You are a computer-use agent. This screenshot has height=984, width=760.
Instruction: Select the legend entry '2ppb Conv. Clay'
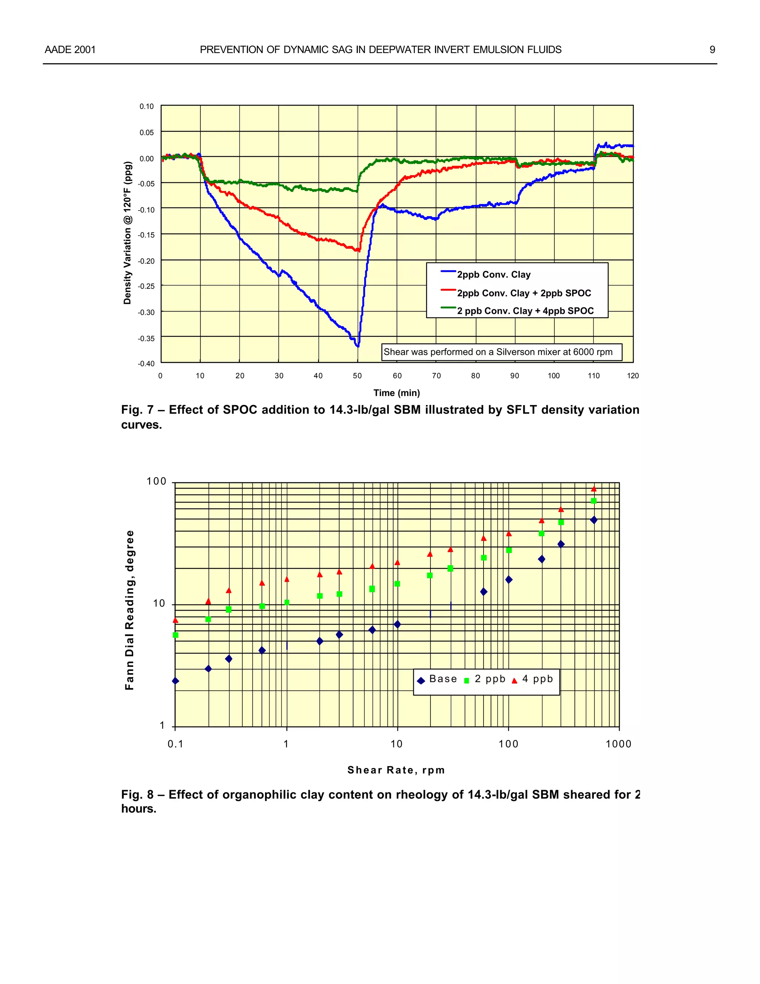coord(494,275)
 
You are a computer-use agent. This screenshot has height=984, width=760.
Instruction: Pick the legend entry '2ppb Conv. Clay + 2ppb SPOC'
coord(524,293)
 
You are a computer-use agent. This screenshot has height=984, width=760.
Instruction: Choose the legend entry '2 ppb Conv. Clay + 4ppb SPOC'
coord(525,311)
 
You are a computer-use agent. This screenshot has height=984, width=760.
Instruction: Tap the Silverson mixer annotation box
coord(502,352)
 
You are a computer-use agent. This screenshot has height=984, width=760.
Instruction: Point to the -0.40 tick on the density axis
coord(146,364)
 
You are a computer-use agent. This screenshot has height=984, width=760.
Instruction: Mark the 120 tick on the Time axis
coord(633,376)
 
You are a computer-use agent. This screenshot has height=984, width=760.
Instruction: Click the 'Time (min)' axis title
coord(397,393)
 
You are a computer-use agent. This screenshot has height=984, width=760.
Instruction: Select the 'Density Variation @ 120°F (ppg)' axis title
coord(127,233)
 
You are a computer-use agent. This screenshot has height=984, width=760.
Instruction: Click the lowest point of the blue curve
coord(358,346)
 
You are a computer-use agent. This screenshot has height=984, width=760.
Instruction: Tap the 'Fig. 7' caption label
coord(137,410)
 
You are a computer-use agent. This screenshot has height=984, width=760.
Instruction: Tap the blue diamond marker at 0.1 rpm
coord(176,681)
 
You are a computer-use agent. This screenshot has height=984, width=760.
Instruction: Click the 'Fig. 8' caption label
coord(137,795)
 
